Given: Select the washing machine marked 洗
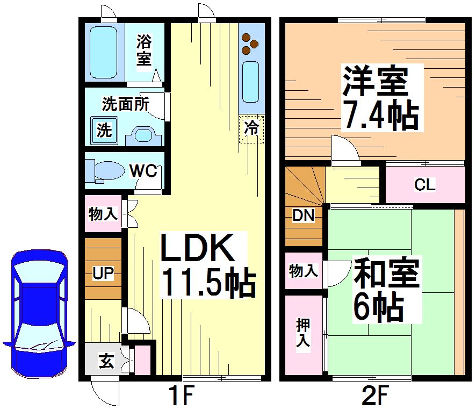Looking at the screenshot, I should click(x=104, y=130).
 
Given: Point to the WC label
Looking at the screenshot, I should click(x=143, y=171).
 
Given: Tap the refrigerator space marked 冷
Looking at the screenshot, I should click(x=251, y=129).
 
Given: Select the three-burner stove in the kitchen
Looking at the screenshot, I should click(x=249, y=44).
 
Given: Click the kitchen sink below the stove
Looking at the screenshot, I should click(x=251, y=81).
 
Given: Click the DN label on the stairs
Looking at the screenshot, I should click(x=303, y=215).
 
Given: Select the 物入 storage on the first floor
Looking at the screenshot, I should click(x=103, y=214).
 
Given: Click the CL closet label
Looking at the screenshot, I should click(x=424, y=185).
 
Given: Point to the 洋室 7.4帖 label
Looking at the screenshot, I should click(x=381, y=98).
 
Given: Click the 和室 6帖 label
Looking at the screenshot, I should click(x=385, y=290).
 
